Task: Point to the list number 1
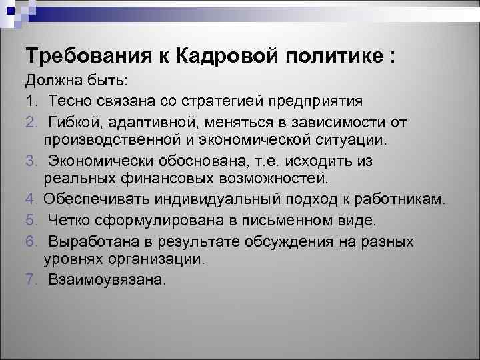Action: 30,101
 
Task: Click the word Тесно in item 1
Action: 69,101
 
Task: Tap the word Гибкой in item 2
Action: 75,122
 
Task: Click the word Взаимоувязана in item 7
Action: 105,280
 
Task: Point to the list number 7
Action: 30,280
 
